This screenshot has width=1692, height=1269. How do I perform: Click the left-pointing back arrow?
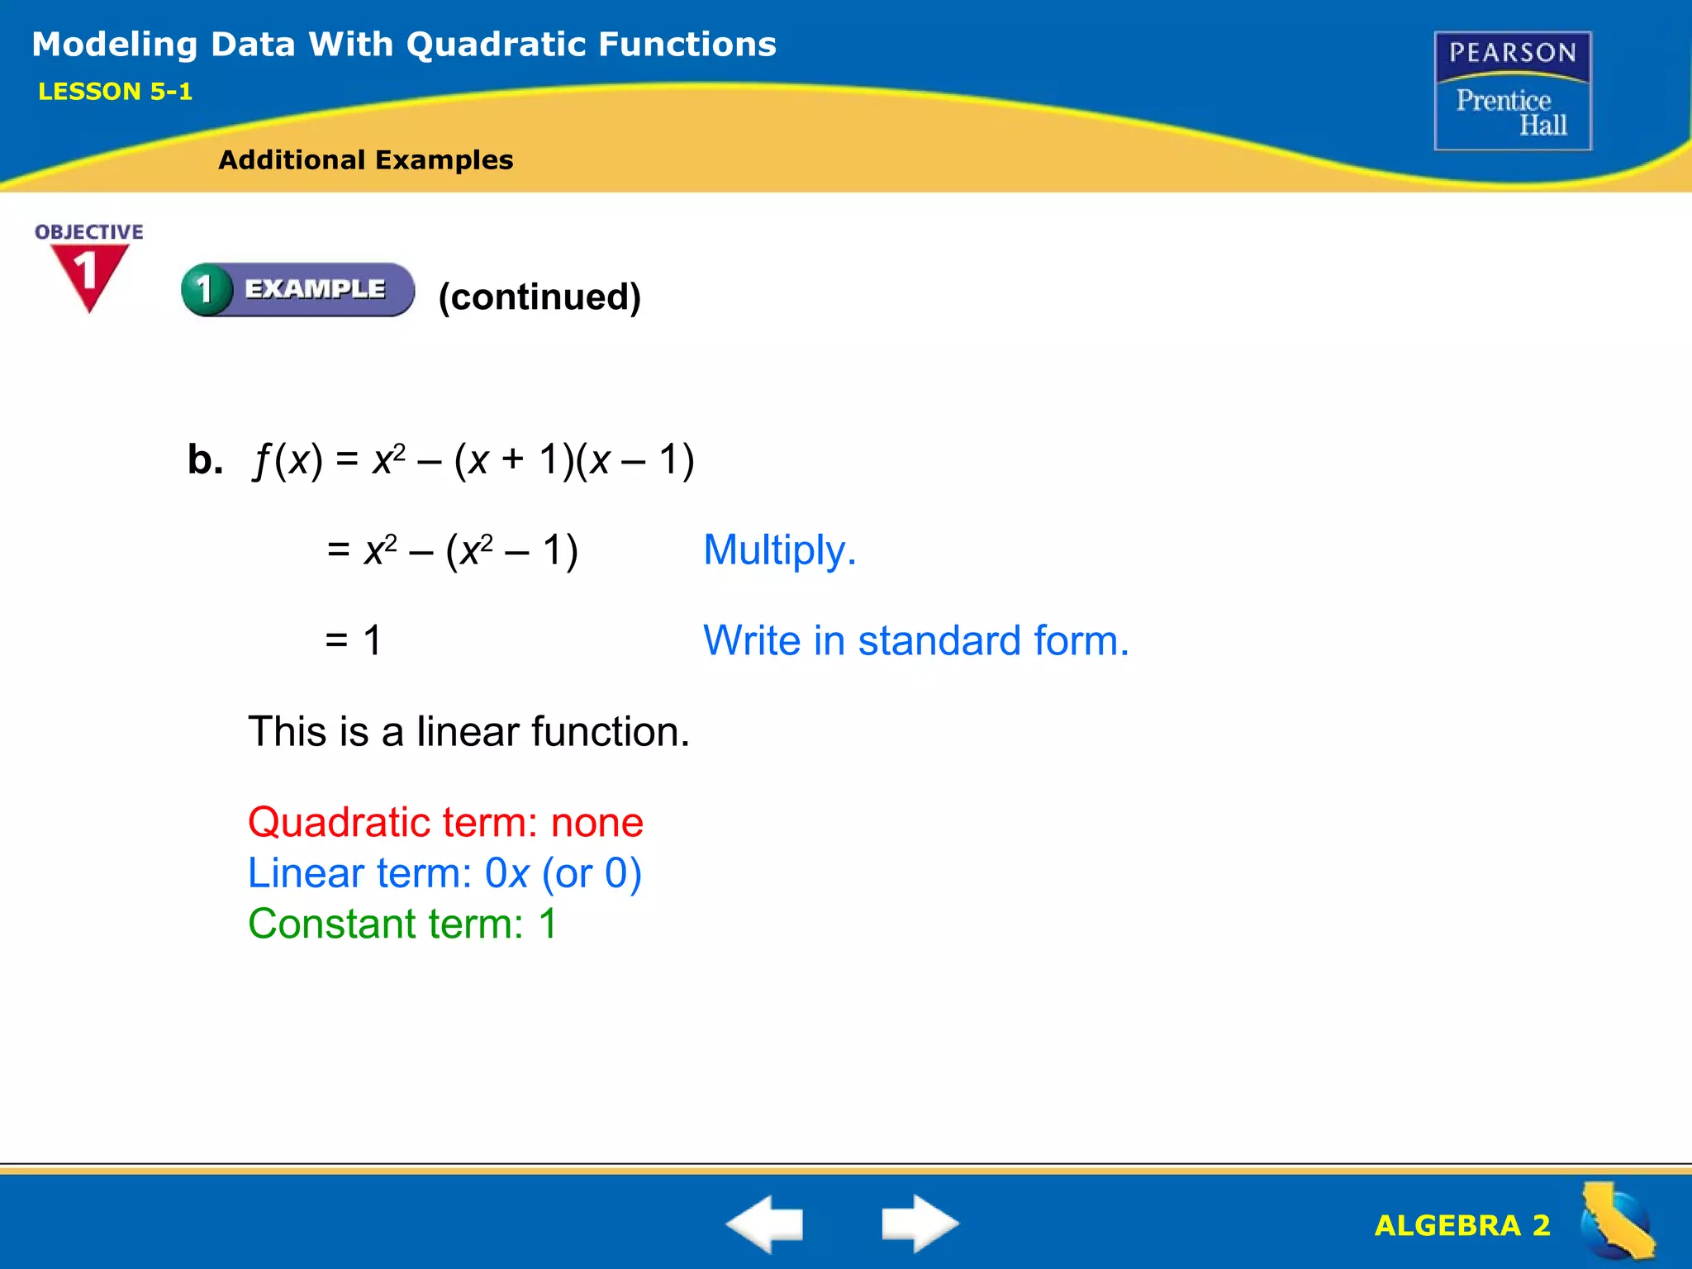[764, 1223]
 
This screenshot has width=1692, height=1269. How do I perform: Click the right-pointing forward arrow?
[920, 1223]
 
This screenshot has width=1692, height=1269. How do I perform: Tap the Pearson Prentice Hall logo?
[1513, 91]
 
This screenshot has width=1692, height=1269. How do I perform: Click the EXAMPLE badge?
[298, 289]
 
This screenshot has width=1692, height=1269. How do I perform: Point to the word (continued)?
[539, 297]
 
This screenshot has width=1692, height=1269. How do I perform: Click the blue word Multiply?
[778, 550]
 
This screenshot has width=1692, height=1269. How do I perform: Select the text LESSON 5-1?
[115, 92]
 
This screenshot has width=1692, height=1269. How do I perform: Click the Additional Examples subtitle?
[365, 159]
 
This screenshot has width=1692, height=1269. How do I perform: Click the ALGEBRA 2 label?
[1461, 1225]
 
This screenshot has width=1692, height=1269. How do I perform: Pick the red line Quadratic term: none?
[445, 823]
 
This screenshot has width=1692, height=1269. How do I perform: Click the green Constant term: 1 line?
[402, 924]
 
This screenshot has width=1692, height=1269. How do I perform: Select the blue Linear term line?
[444, 873]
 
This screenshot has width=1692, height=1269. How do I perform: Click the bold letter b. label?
[205, 459]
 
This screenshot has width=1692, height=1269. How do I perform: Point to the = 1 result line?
[354, 640]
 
